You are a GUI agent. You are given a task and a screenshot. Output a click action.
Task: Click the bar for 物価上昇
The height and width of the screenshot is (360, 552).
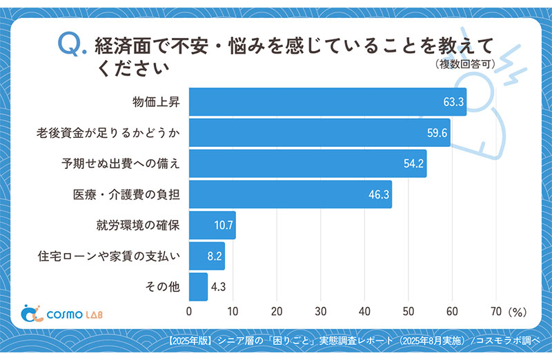(327, 102)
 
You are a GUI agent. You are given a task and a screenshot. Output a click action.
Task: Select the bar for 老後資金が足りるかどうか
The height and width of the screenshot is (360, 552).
(319, 132)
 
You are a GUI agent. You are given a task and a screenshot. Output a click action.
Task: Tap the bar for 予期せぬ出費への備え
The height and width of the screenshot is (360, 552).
(307, 163)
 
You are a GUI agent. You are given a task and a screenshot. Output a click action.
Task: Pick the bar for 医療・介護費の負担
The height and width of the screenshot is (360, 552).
(290, 194)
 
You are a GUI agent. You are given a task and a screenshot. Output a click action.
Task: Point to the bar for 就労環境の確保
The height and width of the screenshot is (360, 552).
(212, 226)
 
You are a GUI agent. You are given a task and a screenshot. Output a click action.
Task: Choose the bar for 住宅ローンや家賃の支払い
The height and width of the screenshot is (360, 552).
(206, 256)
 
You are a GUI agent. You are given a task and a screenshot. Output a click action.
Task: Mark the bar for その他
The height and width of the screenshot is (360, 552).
(198, 287)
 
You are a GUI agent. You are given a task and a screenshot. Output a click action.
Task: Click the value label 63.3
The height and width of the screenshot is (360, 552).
(453, 103)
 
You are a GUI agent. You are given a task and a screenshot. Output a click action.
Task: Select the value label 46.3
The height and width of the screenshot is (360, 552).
(379, 195)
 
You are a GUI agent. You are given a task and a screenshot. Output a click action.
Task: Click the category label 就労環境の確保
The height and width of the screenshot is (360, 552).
(138, 226)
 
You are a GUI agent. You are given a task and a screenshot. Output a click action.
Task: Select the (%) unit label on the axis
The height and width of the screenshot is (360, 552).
(517, 312)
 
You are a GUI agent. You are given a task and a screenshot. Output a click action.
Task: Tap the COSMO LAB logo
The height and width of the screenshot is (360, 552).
(63, 314)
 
